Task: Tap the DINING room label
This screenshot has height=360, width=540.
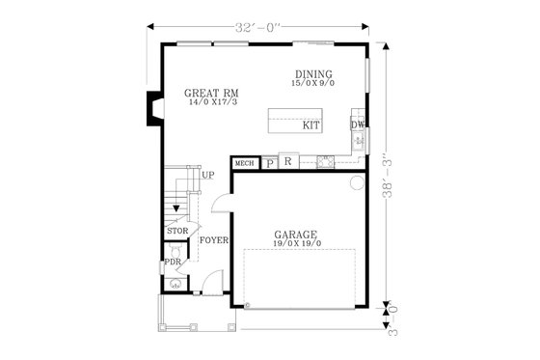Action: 314,74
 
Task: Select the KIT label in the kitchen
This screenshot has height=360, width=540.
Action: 311,125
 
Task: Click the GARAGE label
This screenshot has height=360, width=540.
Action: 296,234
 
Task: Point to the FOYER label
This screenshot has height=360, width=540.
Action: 214,239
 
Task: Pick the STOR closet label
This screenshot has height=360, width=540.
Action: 176,232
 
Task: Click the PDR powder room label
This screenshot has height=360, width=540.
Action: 174,261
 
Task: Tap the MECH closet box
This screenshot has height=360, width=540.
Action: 245,164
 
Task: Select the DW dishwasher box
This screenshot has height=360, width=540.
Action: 357,125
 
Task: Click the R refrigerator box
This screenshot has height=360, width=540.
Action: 287,162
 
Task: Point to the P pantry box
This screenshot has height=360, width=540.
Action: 269,163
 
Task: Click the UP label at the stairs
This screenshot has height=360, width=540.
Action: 208,175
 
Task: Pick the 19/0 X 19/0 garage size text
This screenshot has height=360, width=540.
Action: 297,244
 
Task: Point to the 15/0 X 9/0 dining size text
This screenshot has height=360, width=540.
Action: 314,85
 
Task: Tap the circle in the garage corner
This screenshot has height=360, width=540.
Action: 356,182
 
